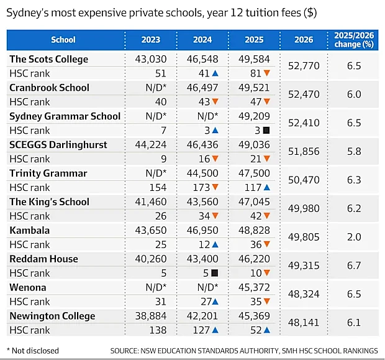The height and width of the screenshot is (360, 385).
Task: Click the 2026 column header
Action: pyautogui.click(x=304, y=40)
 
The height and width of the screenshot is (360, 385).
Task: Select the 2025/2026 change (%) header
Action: pyautogui.click(x=354, y=40)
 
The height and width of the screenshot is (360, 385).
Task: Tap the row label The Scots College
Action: pyautogui.click(x=49, y=59)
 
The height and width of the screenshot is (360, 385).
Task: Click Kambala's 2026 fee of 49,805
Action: pyautogui.click(x=304, y=237)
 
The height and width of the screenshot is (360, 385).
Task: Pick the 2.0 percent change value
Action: pyautogui.click(x=354, y=237)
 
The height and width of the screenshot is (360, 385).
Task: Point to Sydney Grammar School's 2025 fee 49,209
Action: pyautogui.click(x=254, y=116)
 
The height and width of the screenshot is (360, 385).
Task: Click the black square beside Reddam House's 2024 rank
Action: pyautogui.click(x=215, y=273)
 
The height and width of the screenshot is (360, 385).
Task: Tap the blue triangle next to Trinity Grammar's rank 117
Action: pyautogui.click(x=267, y=188)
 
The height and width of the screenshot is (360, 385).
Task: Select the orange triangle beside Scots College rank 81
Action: pyautogui.click(x=267, y=73)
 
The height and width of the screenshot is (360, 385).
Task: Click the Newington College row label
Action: pyautogui.click(x=52, y=316)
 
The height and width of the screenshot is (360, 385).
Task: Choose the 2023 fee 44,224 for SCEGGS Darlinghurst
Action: pyautogui.click(x=151, y=145)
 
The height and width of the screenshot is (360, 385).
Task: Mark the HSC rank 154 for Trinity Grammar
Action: pyautogui.click(x=158, y=187)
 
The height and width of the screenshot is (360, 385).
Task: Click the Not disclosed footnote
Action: pyautogui.click(x=33, y=351)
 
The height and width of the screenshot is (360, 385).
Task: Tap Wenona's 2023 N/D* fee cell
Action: pyautogui.click(x=156, y=287)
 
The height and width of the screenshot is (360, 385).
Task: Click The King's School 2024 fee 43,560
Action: pyautogui.click(x=202, y=201)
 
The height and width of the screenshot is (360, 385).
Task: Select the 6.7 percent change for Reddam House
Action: pyautogui.click(x=354, y=265)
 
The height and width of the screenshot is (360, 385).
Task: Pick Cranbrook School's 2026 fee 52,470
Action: pyautogui.click(x=304, y=95)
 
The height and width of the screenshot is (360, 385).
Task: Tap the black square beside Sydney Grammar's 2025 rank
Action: pyautogui.click(x=266, y=131)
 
